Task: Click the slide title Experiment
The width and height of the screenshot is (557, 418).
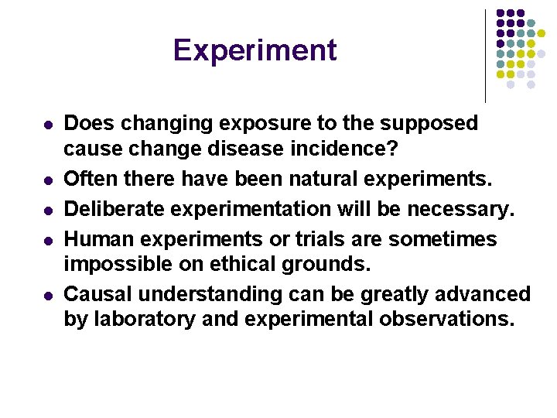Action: click(x=255, y=50)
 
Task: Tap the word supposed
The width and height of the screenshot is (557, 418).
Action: click(x=434, y=124)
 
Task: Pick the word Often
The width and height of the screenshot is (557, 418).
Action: click(x=87, y=180)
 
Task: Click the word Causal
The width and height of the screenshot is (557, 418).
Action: click(x=95, y=295)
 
